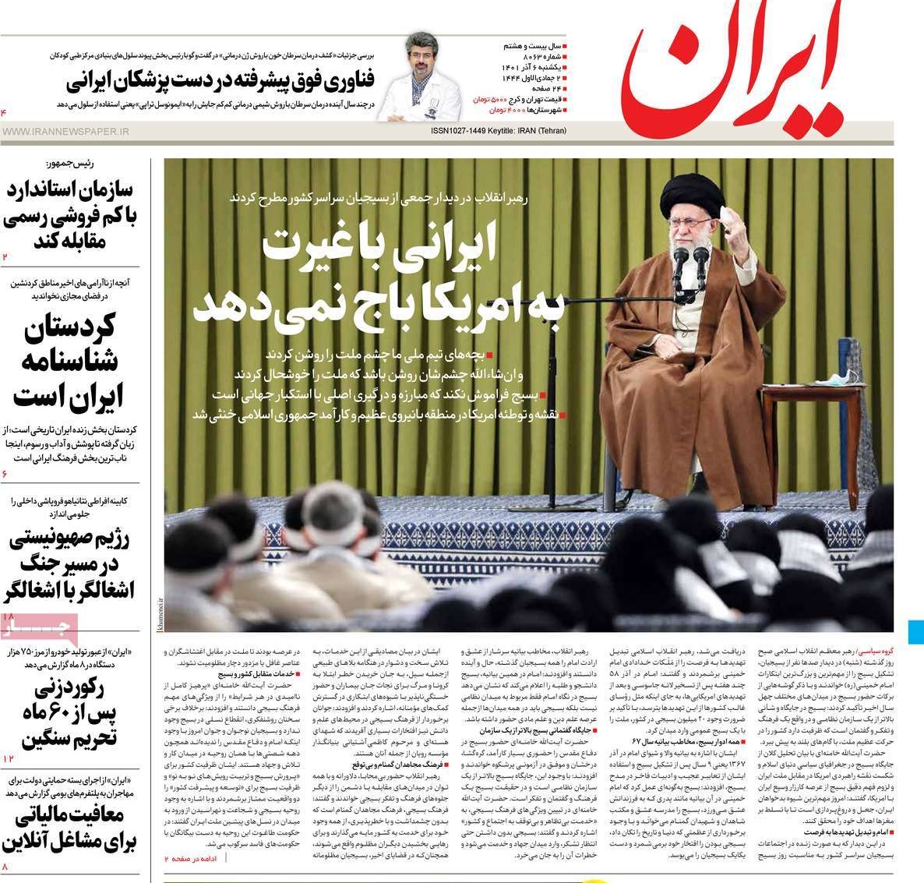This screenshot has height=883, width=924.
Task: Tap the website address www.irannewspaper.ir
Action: (65, 132)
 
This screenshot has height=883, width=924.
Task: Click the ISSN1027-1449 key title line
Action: (499, 131)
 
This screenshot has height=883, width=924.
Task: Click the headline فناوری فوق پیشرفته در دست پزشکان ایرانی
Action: (220, 79)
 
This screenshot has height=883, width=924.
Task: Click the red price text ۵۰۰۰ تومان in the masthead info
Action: (492, 100)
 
